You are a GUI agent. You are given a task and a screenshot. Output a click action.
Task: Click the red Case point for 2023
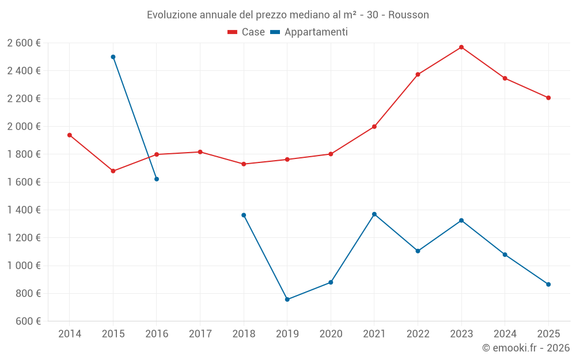[461, 47]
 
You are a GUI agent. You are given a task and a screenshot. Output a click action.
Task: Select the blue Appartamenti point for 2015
[113, 57]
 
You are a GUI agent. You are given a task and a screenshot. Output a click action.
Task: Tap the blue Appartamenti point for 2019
[287, 300]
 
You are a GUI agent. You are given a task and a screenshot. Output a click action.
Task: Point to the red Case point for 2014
[70, 135]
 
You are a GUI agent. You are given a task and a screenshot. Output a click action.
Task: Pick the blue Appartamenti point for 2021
[374, 214]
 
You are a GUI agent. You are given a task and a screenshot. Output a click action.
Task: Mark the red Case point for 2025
[548, 98]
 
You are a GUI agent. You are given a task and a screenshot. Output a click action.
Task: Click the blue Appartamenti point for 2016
[157, 179]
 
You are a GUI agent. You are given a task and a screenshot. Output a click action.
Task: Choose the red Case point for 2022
[418, 74]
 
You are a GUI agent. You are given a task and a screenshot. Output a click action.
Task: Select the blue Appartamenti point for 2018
[244, 215]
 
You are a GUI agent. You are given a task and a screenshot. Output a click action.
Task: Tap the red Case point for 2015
[113, 171]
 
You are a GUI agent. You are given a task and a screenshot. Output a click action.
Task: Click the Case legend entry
[246, 32]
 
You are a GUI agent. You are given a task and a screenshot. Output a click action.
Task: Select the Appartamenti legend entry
[309, 32]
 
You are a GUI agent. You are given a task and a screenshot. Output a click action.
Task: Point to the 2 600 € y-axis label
[24, 43]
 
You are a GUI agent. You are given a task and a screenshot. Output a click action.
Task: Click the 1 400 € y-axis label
[24, 210]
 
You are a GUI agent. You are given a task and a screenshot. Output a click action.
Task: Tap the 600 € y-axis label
[27, 321]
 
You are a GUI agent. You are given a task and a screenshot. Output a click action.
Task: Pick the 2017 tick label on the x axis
[200, 334]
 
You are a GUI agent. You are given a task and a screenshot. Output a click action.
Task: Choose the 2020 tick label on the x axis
[331, 334]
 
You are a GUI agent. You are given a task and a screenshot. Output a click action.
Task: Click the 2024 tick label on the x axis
[505, 334]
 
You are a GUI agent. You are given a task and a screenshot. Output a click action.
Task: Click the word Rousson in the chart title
[408, 15]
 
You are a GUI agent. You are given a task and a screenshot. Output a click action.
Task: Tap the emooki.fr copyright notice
[526, 348]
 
